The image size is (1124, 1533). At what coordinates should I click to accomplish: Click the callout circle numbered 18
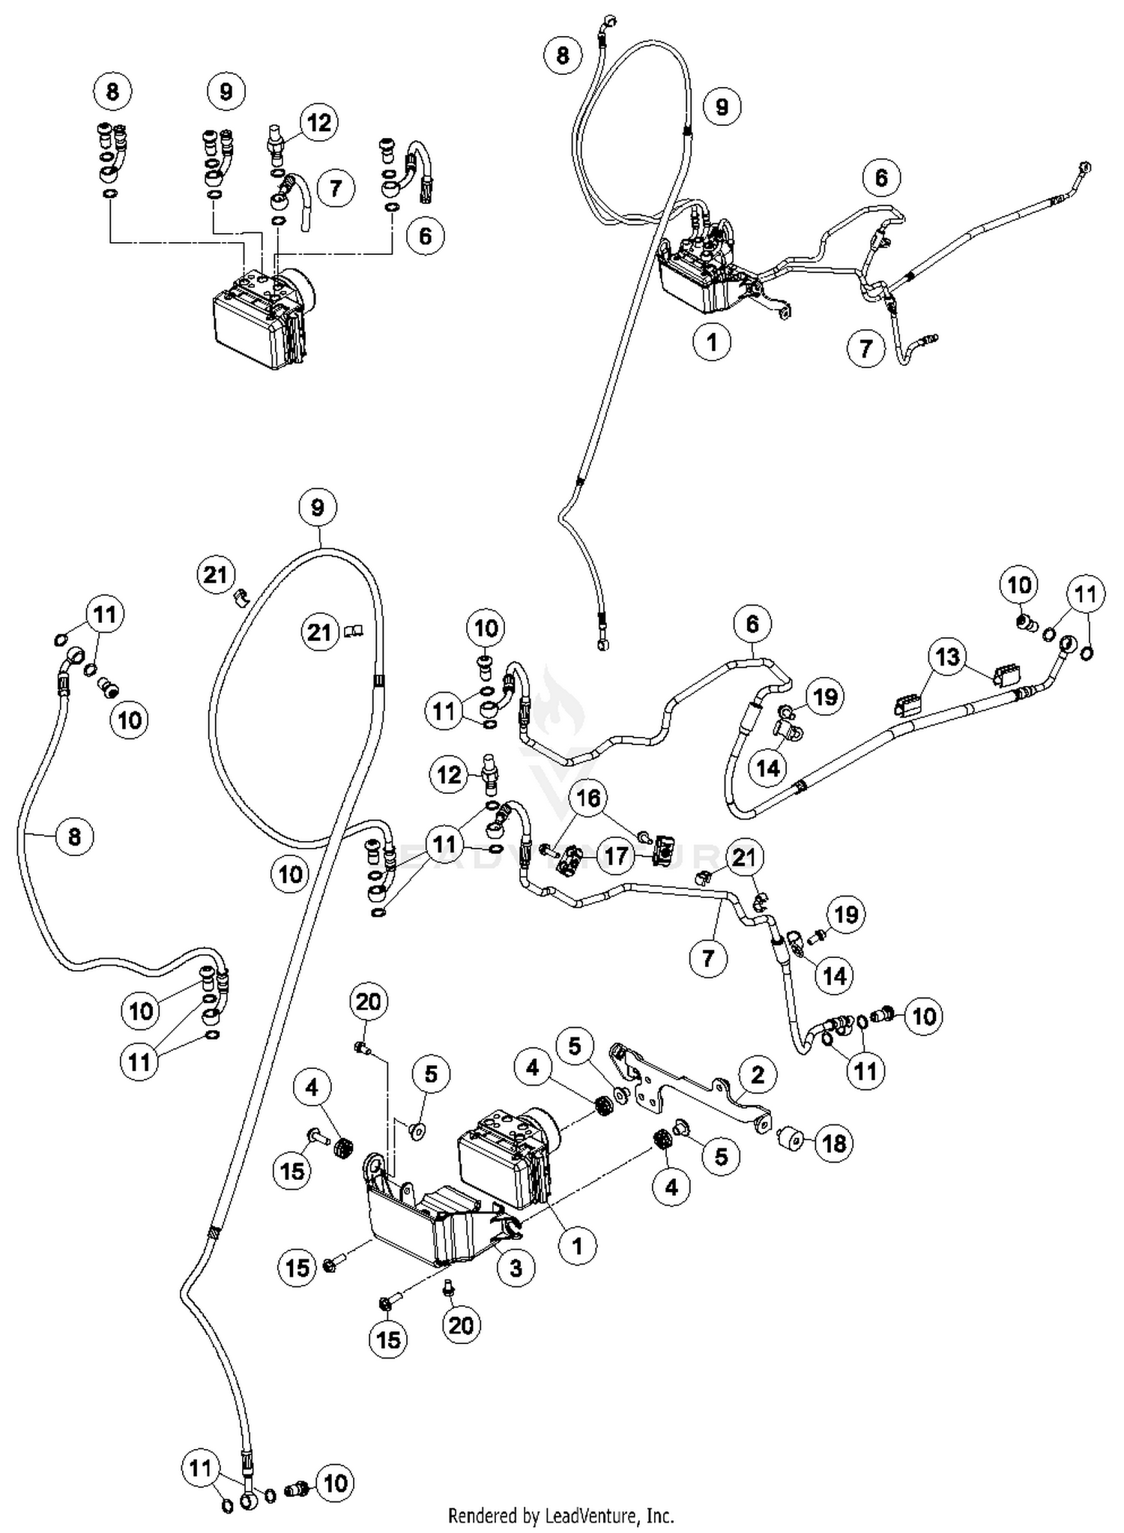tap(833, 1142)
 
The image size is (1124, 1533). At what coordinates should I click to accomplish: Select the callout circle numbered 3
tap(516, 1267)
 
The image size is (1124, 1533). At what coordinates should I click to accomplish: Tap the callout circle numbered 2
tap(757, 1074)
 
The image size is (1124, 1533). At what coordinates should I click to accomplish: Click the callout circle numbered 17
tap(615, 855)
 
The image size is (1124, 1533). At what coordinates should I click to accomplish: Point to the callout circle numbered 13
tap(947, 657)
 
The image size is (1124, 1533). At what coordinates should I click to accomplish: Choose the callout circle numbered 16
tap(589, 798)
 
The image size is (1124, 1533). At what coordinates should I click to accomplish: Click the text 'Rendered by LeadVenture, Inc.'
tap(561, 1515)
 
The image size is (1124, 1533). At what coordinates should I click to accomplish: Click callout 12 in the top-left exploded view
tap(319, 122)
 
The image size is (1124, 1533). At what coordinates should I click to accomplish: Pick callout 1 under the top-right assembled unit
tap(711, 342)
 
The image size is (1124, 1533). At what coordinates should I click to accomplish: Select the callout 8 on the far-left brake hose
tap(73, 834)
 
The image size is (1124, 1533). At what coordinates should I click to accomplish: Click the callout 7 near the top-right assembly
tap(865, 348)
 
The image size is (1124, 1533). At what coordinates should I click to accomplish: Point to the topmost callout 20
tap(368, 1002)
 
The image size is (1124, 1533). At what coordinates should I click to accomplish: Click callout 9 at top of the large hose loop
tap(317, 508)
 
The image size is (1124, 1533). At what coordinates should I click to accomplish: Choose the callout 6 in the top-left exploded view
tap(425, 235)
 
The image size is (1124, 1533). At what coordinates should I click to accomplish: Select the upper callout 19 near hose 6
tap(824, 696)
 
